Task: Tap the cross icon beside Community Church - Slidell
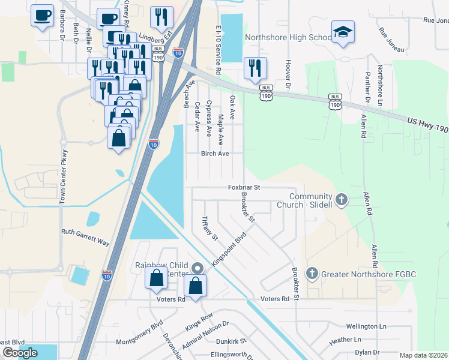click(341, 200)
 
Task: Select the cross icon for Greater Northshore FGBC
click(311, 274)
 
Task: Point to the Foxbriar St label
click(244, 187)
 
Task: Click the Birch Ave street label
click(215, 154)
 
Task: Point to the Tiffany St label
click(209, 228)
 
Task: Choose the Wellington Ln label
click(366, 326)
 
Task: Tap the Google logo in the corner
click(20, 353)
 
